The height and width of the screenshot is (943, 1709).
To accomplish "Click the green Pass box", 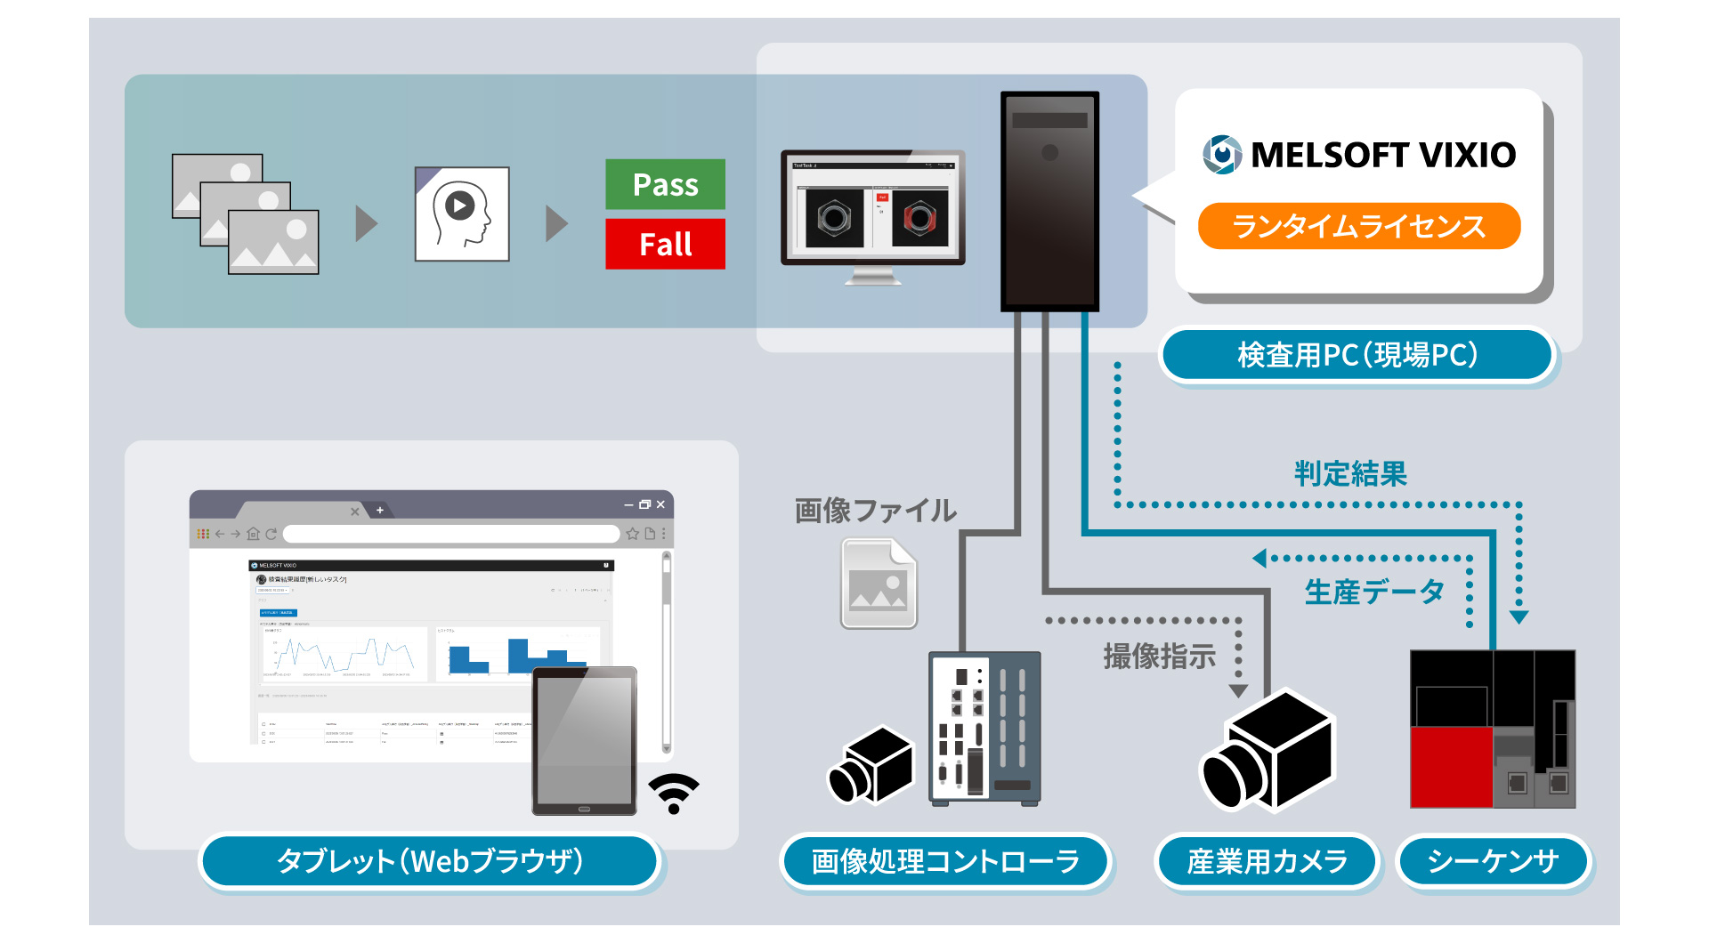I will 665,184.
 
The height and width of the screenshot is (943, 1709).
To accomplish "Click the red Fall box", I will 665,244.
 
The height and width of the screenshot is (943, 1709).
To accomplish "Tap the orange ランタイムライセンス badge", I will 1358,226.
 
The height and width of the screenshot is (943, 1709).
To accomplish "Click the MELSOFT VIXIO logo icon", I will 1222,155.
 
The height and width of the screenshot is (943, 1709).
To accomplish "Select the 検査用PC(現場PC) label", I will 1357,355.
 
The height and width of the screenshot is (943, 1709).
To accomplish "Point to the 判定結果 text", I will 1350,473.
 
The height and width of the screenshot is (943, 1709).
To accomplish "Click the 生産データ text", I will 1373,592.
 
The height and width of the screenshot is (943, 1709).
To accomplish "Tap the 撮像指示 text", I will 1159,657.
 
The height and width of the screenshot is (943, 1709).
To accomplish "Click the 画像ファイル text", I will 876,511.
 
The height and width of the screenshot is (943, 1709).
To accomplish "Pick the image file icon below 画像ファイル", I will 879,584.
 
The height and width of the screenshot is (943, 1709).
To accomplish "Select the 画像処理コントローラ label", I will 945,861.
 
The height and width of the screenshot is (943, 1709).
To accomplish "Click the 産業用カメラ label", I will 1267,861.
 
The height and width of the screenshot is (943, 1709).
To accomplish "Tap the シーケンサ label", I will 1493,861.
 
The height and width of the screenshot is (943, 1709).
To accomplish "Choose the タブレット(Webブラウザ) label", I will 430,861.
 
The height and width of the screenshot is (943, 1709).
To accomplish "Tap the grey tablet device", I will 585,740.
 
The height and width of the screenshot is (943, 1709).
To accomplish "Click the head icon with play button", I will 462,214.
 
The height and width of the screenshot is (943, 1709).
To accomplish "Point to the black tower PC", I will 1049,201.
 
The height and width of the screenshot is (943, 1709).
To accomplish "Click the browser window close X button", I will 660,504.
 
